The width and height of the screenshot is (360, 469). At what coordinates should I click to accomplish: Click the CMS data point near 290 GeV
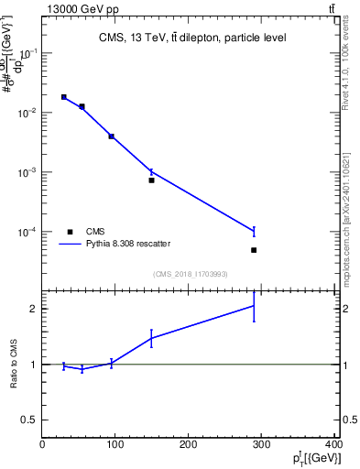pos(254,250)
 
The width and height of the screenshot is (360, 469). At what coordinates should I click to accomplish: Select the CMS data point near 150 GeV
pos(152,180)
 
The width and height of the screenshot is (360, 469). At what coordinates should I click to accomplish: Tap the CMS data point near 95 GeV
pos(112,136)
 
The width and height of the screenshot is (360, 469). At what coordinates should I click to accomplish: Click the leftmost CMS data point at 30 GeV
pos(64,96)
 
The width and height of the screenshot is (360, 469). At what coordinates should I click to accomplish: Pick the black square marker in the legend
pos(70,232)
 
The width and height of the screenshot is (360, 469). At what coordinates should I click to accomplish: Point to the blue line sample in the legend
pos(70,244)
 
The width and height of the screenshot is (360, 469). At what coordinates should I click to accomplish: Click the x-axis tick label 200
pos(189,445)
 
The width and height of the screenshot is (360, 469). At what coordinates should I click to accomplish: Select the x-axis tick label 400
pos(334,445)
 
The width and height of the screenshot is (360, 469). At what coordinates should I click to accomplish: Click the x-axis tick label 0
pos(42,445)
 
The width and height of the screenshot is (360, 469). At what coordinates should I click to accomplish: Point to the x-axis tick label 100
pos(115,445)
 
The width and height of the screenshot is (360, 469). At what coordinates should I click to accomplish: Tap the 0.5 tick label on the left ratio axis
pos(30,420)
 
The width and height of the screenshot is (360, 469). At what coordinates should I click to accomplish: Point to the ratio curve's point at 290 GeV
pos(254,306)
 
